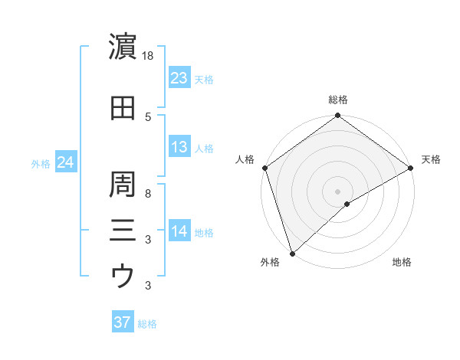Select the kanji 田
point(123,108)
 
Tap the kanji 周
point(123,183)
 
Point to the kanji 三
point(123,229)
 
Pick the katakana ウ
point(123,275)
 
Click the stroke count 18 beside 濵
point(149,57)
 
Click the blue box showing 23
point(179,77)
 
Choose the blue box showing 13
point(179,147)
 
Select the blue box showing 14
point(179,232)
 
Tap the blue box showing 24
point(65,162)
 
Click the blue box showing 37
point(123,322)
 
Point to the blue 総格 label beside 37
point(147,324)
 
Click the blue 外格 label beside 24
point(41,164)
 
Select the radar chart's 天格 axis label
point(431,159)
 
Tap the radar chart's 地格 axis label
point(402,263)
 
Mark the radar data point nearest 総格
point(337,116)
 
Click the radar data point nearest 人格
point(265,167)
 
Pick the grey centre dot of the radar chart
point(337,191)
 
